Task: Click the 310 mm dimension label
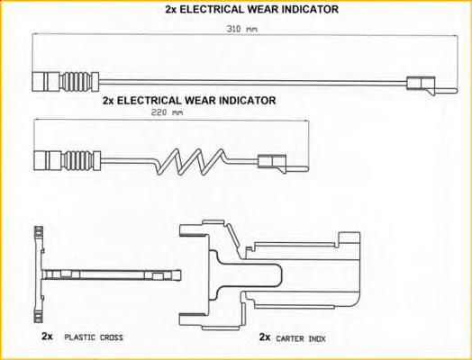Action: pos(241,29)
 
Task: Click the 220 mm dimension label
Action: pos(167,112)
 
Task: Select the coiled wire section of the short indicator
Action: pos(190,162)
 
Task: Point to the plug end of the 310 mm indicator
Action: pos(46,82)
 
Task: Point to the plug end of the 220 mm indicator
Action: pos(48,160)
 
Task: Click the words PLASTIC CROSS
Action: pos(94,337)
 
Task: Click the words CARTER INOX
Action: pos(301,339)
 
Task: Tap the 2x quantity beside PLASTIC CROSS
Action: pos(47,337)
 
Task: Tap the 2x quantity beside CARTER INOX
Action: pos(265,337)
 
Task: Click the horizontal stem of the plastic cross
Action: pos(112,274)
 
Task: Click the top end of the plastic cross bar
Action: pos(37,228)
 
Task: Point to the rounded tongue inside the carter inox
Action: pos(250,274)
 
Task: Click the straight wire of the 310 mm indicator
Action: pos(253,83)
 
